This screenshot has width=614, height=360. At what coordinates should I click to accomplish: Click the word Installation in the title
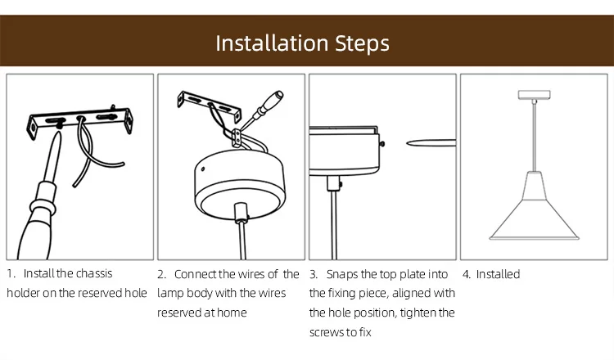pyautogui.click(x=272, y=43)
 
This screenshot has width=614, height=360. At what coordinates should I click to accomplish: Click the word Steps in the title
pyautogui.click(x=362, y=43)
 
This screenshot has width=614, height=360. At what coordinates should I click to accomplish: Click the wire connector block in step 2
pyautogui.click(x=237, y=137)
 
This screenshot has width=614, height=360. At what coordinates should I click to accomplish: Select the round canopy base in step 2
pyautogui.click(x=240, y=185)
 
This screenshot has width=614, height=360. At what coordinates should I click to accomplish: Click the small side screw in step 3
pyautogui.click(x=381, y=144)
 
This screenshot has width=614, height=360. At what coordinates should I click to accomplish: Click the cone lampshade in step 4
pyautogui.click(x=534, y=211)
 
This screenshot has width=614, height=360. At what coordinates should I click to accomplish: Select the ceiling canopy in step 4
pyautogui.click(x=534, y=95)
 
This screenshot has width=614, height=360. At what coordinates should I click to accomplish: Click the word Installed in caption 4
pyautogui.click(x=498, y=274)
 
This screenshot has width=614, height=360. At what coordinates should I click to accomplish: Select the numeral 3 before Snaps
pyautogui.click(x=313, y=274)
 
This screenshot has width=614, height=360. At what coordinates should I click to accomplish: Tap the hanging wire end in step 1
pyautogui.click(x=74, y=186)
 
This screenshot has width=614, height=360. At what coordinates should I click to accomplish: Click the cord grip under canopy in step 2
pyautogui.click(x=242, y=214)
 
